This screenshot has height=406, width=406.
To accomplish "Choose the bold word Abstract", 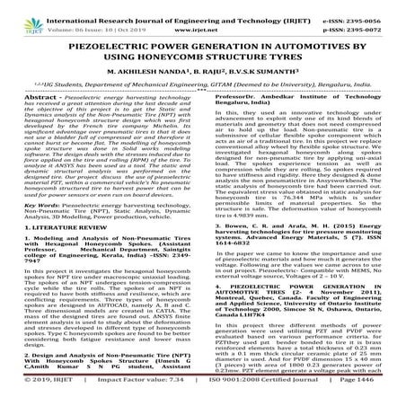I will tap(22, 119).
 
